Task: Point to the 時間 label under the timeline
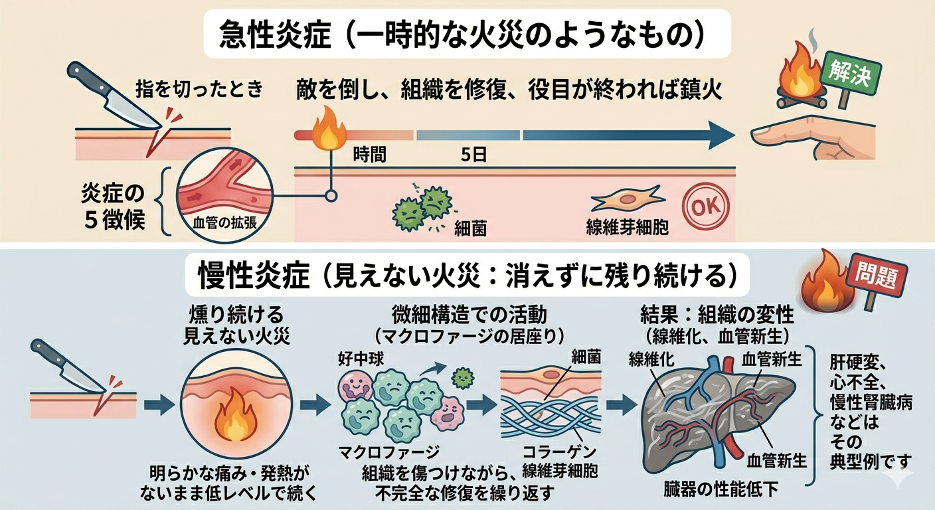pyautogui.click(x=369, y=155)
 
